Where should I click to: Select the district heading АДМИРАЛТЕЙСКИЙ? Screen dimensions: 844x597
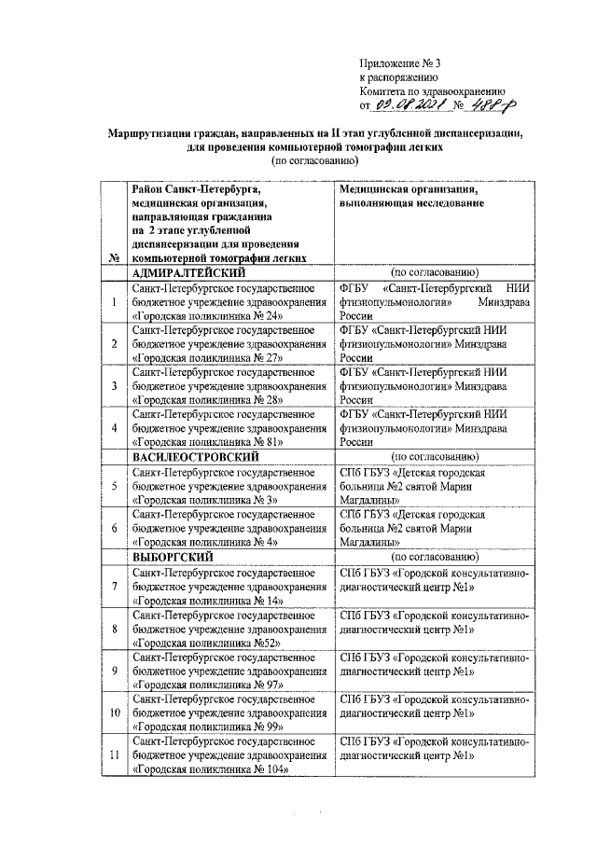[189, 272]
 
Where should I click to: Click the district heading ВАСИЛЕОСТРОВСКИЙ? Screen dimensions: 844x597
[195, 457]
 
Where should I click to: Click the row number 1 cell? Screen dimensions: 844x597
[114, 302]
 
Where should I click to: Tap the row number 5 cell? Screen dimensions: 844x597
[114, 486]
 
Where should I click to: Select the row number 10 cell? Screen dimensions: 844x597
[114, 713]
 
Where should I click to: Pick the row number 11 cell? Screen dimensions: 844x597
[114, 754]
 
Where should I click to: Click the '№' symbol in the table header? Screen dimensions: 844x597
[114, 257]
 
